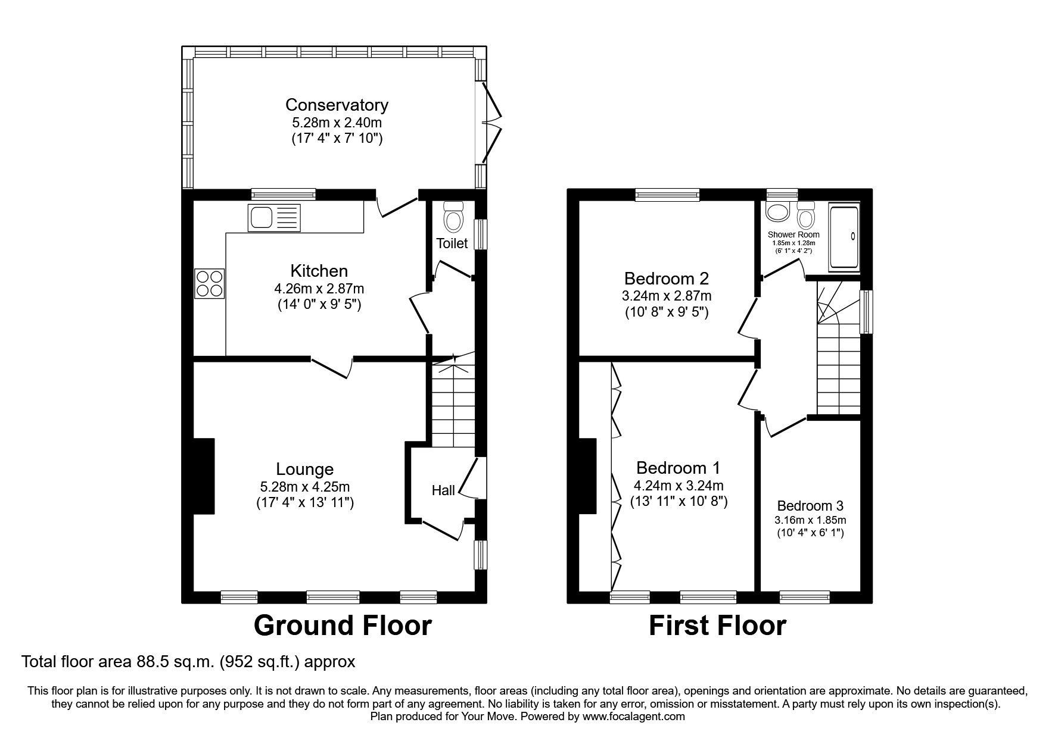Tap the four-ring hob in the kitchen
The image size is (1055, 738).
tap(209, 283)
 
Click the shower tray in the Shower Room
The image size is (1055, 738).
tap(844, 237)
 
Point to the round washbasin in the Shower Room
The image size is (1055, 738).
tap(777, 212)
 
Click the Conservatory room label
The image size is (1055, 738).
tap(337, 105)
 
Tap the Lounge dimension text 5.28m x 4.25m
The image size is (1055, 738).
tap(304, 486)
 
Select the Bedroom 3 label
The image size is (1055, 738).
tap(810, 506)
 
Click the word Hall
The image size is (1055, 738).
tap(443, 490)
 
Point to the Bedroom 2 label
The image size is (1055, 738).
tap(666, 279)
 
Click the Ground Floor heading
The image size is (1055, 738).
tap(343, 626)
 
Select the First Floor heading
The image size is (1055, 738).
tap(717, 626)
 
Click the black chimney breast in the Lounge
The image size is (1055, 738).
tap(203, 476)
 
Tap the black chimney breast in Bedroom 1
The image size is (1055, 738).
tap(587, 476)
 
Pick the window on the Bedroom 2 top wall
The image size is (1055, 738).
tap(667, 193)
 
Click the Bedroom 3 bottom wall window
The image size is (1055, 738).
tap(804, 596)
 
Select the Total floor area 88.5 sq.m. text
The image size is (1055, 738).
tap(188, 661)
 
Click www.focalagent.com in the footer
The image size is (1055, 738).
tap(633, 717)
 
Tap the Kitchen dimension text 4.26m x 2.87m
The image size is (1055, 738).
tap(319, 289)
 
